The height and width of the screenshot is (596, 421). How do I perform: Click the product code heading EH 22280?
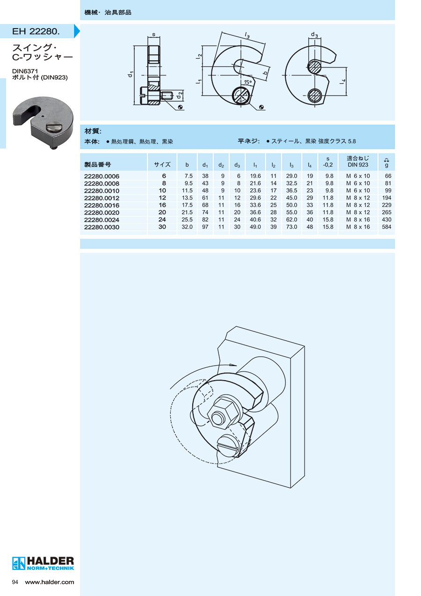[36, 31]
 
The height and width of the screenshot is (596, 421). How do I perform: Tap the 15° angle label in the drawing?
[248, 82]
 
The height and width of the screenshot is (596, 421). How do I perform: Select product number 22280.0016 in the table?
[102, 205]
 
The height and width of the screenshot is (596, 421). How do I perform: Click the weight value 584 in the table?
[386, 227]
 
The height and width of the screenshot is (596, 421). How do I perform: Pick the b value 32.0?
[187, 227]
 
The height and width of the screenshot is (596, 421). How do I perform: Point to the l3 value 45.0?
[291, 198]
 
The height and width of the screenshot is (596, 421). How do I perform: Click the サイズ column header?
[162, 164]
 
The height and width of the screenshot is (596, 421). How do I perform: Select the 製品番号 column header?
[98, 164]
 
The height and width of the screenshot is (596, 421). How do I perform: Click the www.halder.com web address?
[50, 582]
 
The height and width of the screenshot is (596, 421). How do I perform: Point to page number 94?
[15, 582]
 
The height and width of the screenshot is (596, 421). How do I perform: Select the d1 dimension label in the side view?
[130, 74]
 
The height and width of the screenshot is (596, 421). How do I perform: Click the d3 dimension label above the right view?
[314, 35]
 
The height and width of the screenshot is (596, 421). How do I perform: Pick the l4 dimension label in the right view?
[343, 82]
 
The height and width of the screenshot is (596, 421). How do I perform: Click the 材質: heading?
[93, 131]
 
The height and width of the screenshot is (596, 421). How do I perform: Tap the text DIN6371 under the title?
[25, 71]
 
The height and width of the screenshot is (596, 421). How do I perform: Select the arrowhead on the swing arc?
[233, 365]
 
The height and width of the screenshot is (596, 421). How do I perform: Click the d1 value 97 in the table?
[205, 227]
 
